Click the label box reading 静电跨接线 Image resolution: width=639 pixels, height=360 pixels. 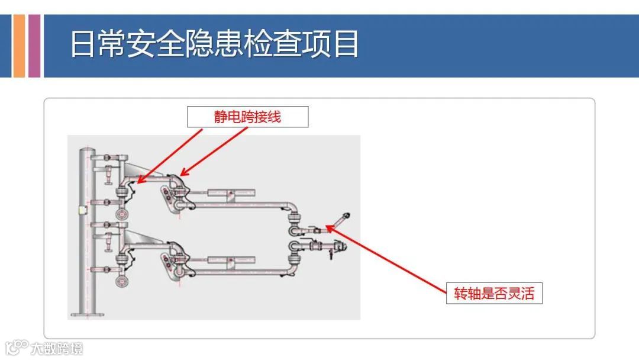click(247, 117)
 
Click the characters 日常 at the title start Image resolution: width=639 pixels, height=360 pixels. click(98, 45)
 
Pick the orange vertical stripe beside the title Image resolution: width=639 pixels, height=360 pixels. click(19, 46)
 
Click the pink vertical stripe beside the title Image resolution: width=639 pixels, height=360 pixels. click(34, 46)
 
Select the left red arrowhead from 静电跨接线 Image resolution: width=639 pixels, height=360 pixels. click(137, 181)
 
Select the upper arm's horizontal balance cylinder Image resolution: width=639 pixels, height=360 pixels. click(231, 192)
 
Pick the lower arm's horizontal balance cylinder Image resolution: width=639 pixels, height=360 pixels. click(231, 260)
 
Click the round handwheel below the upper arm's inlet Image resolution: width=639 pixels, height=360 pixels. click(122, 214)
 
